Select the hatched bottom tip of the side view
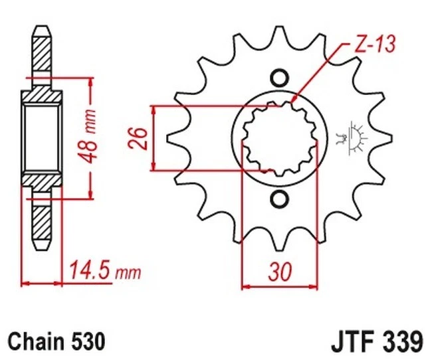pos(41,223)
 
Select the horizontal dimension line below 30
pos(279,287)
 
